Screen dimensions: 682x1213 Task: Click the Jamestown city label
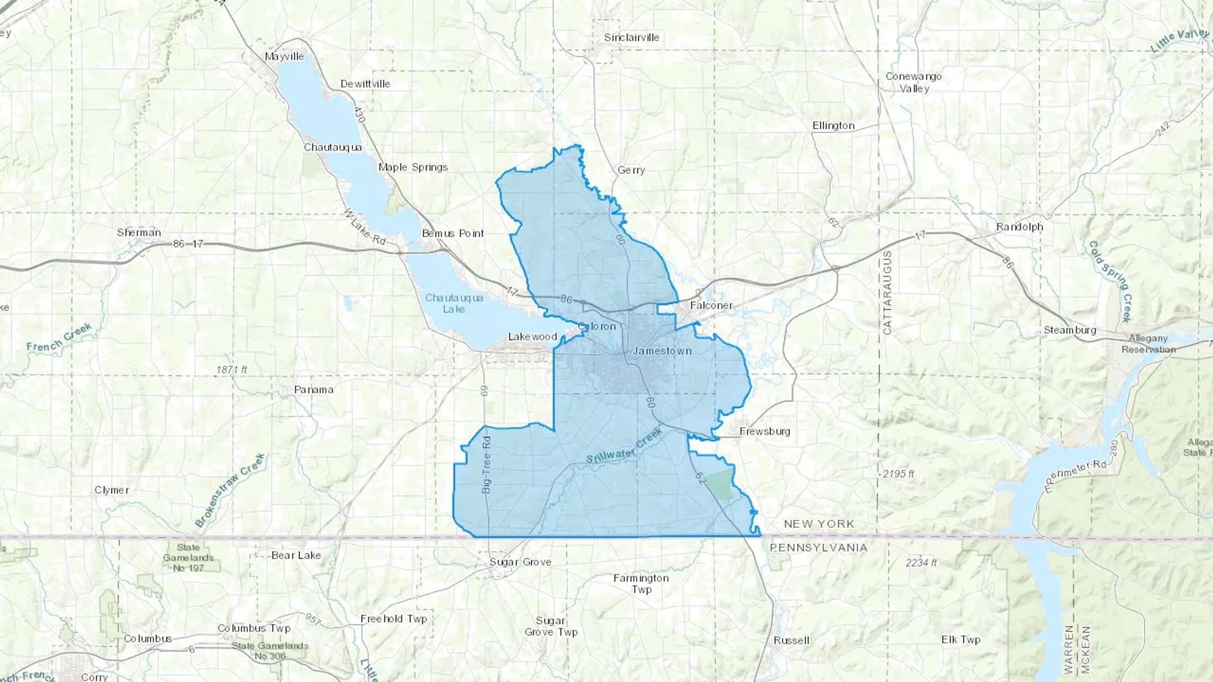[x=662, y=351]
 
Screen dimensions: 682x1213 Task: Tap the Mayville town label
[x=284, y=57]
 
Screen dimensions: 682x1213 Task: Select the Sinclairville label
[x=631, y=38]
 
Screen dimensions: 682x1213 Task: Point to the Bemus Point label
[x=453, y=234]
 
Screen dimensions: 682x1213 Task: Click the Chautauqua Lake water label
[x=454, y=303]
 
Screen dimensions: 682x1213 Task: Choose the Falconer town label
[x=711, y=306]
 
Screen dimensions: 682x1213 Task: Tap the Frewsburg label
[x=764, y=432]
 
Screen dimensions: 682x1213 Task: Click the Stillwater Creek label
[x=624, y=446]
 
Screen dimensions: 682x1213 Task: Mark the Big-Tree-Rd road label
[x=487, y=465]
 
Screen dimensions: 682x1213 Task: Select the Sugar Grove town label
[x=520, y=562]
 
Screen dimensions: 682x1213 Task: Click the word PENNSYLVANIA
[x=818, y=548]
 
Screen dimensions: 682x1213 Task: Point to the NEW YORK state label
[x=819, y=524]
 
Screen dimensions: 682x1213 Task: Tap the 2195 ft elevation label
[x=898, y=474]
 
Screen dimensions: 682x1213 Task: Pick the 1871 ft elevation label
[x=232, y=370]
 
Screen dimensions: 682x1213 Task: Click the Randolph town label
[x=1019, y=227]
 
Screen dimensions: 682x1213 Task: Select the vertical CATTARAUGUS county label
[x=887, y=293]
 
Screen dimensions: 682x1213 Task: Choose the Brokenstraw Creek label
[x=230, y=490]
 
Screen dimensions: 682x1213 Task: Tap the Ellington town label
[x=833, y=126]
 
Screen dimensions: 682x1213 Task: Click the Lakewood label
[x=532, y=337]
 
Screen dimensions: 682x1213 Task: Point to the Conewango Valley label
[x=913, y=82]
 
